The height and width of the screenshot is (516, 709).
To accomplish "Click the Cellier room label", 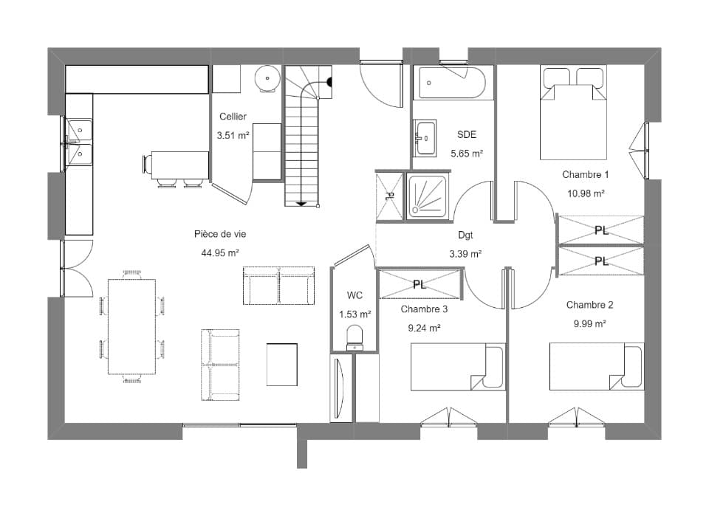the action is click(233, 117).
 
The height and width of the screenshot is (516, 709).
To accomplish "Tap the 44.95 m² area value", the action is click(220, 253).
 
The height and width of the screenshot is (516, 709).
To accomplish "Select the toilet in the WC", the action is click(354, 339).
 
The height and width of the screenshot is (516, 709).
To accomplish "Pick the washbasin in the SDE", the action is click(425, 138).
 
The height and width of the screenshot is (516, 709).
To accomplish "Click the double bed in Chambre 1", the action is click(573, 113).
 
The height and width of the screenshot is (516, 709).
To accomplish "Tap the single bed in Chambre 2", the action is click(597, 366).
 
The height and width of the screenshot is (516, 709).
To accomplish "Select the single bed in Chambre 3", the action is click(458, 366).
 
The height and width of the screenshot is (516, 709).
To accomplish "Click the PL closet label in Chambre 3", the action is click(419, 285).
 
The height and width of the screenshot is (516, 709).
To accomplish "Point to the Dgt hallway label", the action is click(465, 235).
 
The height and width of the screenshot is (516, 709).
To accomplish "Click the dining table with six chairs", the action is click(131, 326).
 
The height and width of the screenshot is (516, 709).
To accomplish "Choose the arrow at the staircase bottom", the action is click(301, 204).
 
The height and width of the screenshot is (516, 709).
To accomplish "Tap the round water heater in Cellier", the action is click(267, 79).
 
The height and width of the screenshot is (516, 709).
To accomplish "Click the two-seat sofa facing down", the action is click(278, 286).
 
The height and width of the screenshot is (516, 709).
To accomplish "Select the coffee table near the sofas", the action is click(281, 364).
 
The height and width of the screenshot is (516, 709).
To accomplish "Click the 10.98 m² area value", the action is click(586, 193).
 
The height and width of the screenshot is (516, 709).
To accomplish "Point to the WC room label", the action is click(354, 295).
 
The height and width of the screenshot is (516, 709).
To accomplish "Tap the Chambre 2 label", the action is click(589, 305).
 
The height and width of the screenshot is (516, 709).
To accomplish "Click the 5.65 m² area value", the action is click(467, 154).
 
